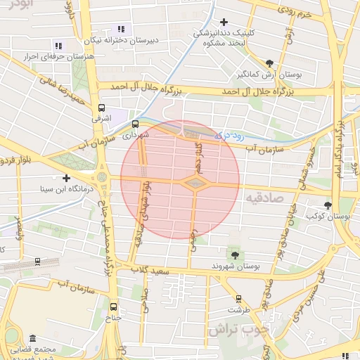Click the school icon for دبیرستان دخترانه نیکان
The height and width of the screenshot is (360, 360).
(x=121, y=30)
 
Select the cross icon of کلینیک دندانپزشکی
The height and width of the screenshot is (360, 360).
(x=224, y=22)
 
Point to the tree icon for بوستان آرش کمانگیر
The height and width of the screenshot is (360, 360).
(x=269, y=63)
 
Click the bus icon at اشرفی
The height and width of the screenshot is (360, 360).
(x=102, y=108)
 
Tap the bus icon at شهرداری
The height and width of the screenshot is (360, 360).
(x=135, y=124)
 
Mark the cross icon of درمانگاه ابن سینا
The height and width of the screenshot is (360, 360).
(x=67, y=178)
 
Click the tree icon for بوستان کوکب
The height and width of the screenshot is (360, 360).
(x=328, y=205)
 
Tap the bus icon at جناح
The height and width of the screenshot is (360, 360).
(x=114, y=307)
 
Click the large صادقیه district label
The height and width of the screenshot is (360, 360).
(x=262, y=199)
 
